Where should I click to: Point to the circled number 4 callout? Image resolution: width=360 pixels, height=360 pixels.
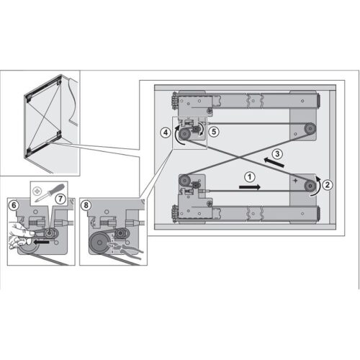[166, 132]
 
